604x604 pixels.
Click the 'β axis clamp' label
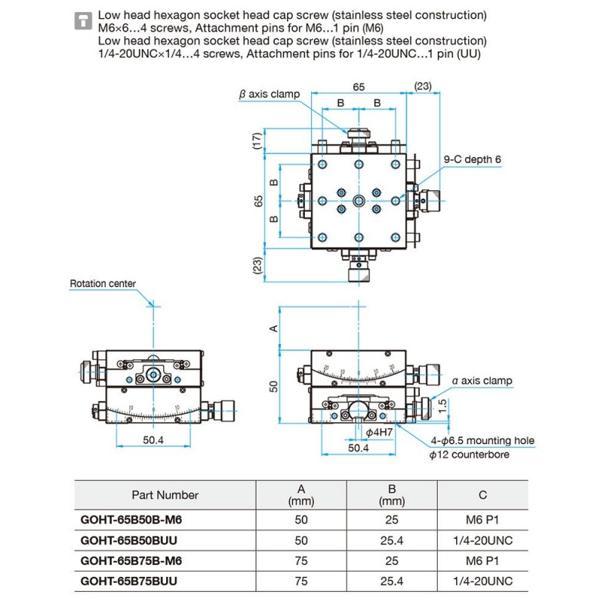click(x=269, y=94)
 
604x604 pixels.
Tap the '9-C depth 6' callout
click(x=472, y=159)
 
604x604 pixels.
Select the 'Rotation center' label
click(x=103, y=284)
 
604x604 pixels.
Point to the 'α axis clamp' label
click(x=482, y=381)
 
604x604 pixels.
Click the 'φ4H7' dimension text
click(x=378, y=432)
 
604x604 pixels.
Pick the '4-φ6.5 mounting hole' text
click(x=482, y=441)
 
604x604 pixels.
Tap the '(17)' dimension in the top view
click(x=257, y=141)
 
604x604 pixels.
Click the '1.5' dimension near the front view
click(x=445, y=404)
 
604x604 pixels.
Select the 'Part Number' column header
click(x=165, y=495)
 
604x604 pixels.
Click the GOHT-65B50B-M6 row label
click(x=131, y=521)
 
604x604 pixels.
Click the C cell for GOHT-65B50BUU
click(x=482, y=541)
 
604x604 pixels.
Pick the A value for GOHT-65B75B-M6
click(x=300, y=562)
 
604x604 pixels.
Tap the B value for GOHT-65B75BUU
click(x=393, y=582)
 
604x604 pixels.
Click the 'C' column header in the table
click(x=482, y=495)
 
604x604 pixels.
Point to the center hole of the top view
click(x=359, y=200)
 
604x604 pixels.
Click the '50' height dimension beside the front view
click(x=275, y=386)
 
